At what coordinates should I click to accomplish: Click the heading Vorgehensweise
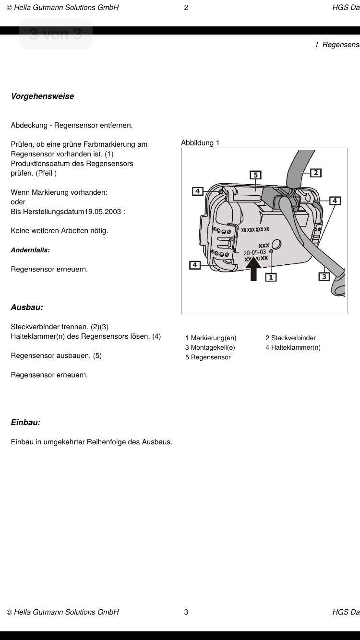tap(42, 96)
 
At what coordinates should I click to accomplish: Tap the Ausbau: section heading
tap(27, 307)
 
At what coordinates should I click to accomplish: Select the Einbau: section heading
tap(25, 422)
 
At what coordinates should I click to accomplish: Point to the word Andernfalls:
tap(30, 250)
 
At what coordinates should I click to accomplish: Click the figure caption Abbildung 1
tap(200, 143)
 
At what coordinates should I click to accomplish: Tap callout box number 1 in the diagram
tap(271, 277)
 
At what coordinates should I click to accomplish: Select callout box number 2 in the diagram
tap(316, 173)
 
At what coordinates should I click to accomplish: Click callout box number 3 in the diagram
tap(324, 276)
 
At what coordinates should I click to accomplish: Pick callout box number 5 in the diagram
tap(256, 175)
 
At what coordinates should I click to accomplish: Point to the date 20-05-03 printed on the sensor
tap(255, 252)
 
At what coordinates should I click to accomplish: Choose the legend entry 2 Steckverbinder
tap(290, 338)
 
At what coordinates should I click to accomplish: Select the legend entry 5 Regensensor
tap(208, 357)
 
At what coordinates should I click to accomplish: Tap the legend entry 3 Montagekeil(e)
tap(210, 347)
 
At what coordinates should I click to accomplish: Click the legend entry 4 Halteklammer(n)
tap(293, 347)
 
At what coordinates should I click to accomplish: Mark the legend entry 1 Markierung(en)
tap(211, 338)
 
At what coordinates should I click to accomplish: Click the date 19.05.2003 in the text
tap(103, 211)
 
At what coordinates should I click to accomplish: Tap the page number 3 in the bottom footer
tap(186, 612)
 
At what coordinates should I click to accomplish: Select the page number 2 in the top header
tap(186, 7)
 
